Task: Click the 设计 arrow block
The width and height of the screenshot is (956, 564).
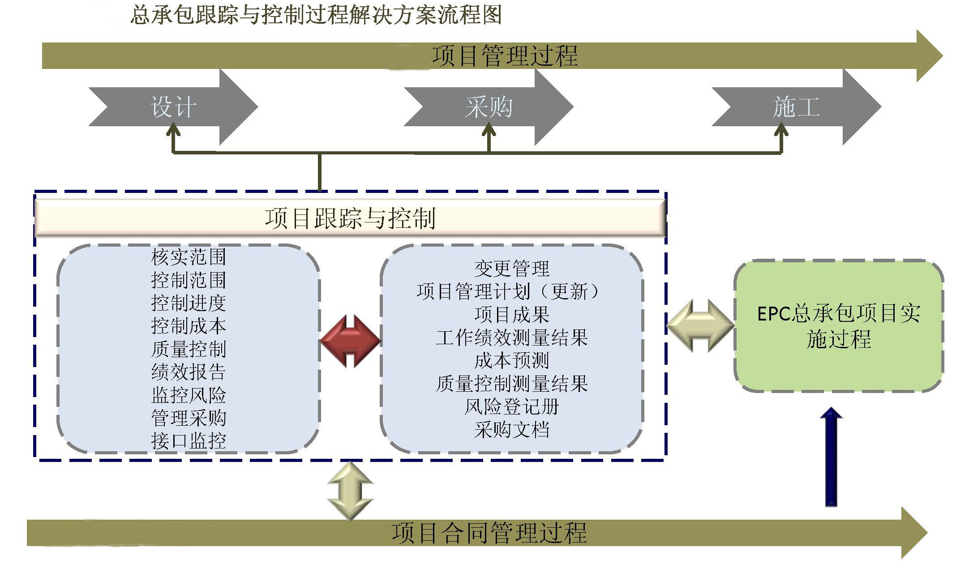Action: point(174,107)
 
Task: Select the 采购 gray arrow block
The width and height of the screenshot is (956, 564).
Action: point(489,107)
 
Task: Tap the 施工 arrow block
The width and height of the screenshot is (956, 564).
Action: point(796,107)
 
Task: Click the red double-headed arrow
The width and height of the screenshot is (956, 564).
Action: point(351,341)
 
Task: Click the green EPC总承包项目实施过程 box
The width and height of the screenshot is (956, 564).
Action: point(839,326)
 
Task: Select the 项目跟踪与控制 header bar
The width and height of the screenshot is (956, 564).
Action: point(350,218)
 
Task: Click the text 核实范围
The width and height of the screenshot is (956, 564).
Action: point(189,257)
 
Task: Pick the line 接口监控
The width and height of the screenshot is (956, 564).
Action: point(189,441)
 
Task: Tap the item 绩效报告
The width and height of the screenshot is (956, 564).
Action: point(189,372)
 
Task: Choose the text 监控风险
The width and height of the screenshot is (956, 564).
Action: point(189,395)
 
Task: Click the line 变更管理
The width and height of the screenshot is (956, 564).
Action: point(511,269)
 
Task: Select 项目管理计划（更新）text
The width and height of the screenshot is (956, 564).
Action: point(508,292)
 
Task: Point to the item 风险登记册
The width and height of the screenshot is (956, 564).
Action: point(511,406)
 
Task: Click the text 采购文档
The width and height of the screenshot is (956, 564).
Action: point(511,430)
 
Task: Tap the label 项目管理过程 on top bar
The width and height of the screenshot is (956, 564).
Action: point(505,56)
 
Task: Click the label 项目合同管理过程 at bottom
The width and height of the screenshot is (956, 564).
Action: point(489,533)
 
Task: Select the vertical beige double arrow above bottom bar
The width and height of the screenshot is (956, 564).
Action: point(350,491)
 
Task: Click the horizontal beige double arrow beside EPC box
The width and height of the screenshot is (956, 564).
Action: point(700,326)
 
